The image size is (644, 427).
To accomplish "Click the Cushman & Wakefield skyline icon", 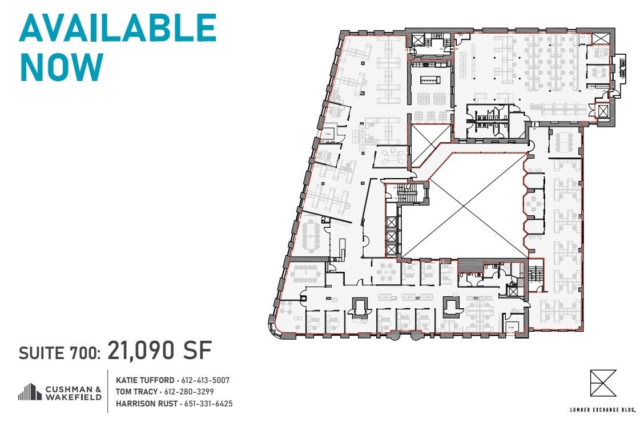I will [x=30, y=392].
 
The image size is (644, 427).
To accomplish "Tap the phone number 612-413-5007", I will [x=206, y=380].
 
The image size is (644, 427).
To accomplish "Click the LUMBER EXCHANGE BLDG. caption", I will [x=602, y=409].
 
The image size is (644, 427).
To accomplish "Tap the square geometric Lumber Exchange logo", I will [x=603, y=383].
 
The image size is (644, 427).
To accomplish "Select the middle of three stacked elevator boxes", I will [x=391, y=236].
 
